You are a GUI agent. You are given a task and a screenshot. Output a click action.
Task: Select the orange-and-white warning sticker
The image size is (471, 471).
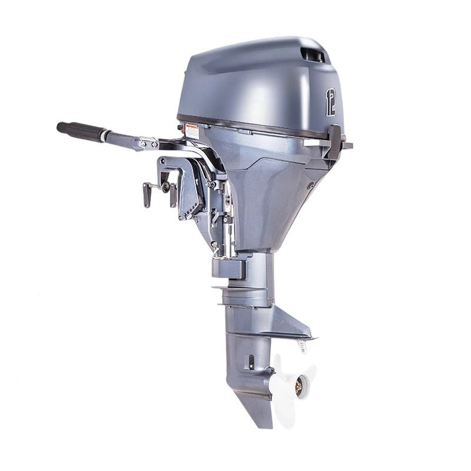[192, 131]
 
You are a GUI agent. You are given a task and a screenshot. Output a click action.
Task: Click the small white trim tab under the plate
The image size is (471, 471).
[302, 346]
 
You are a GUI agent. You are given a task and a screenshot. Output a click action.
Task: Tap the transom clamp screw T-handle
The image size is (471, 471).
[147, 194]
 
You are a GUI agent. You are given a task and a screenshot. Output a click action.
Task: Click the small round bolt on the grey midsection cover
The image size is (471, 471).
[310, 185]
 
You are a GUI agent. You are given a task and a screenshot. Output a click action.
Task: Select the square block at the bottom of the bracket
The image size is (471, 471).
[229, 268]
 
